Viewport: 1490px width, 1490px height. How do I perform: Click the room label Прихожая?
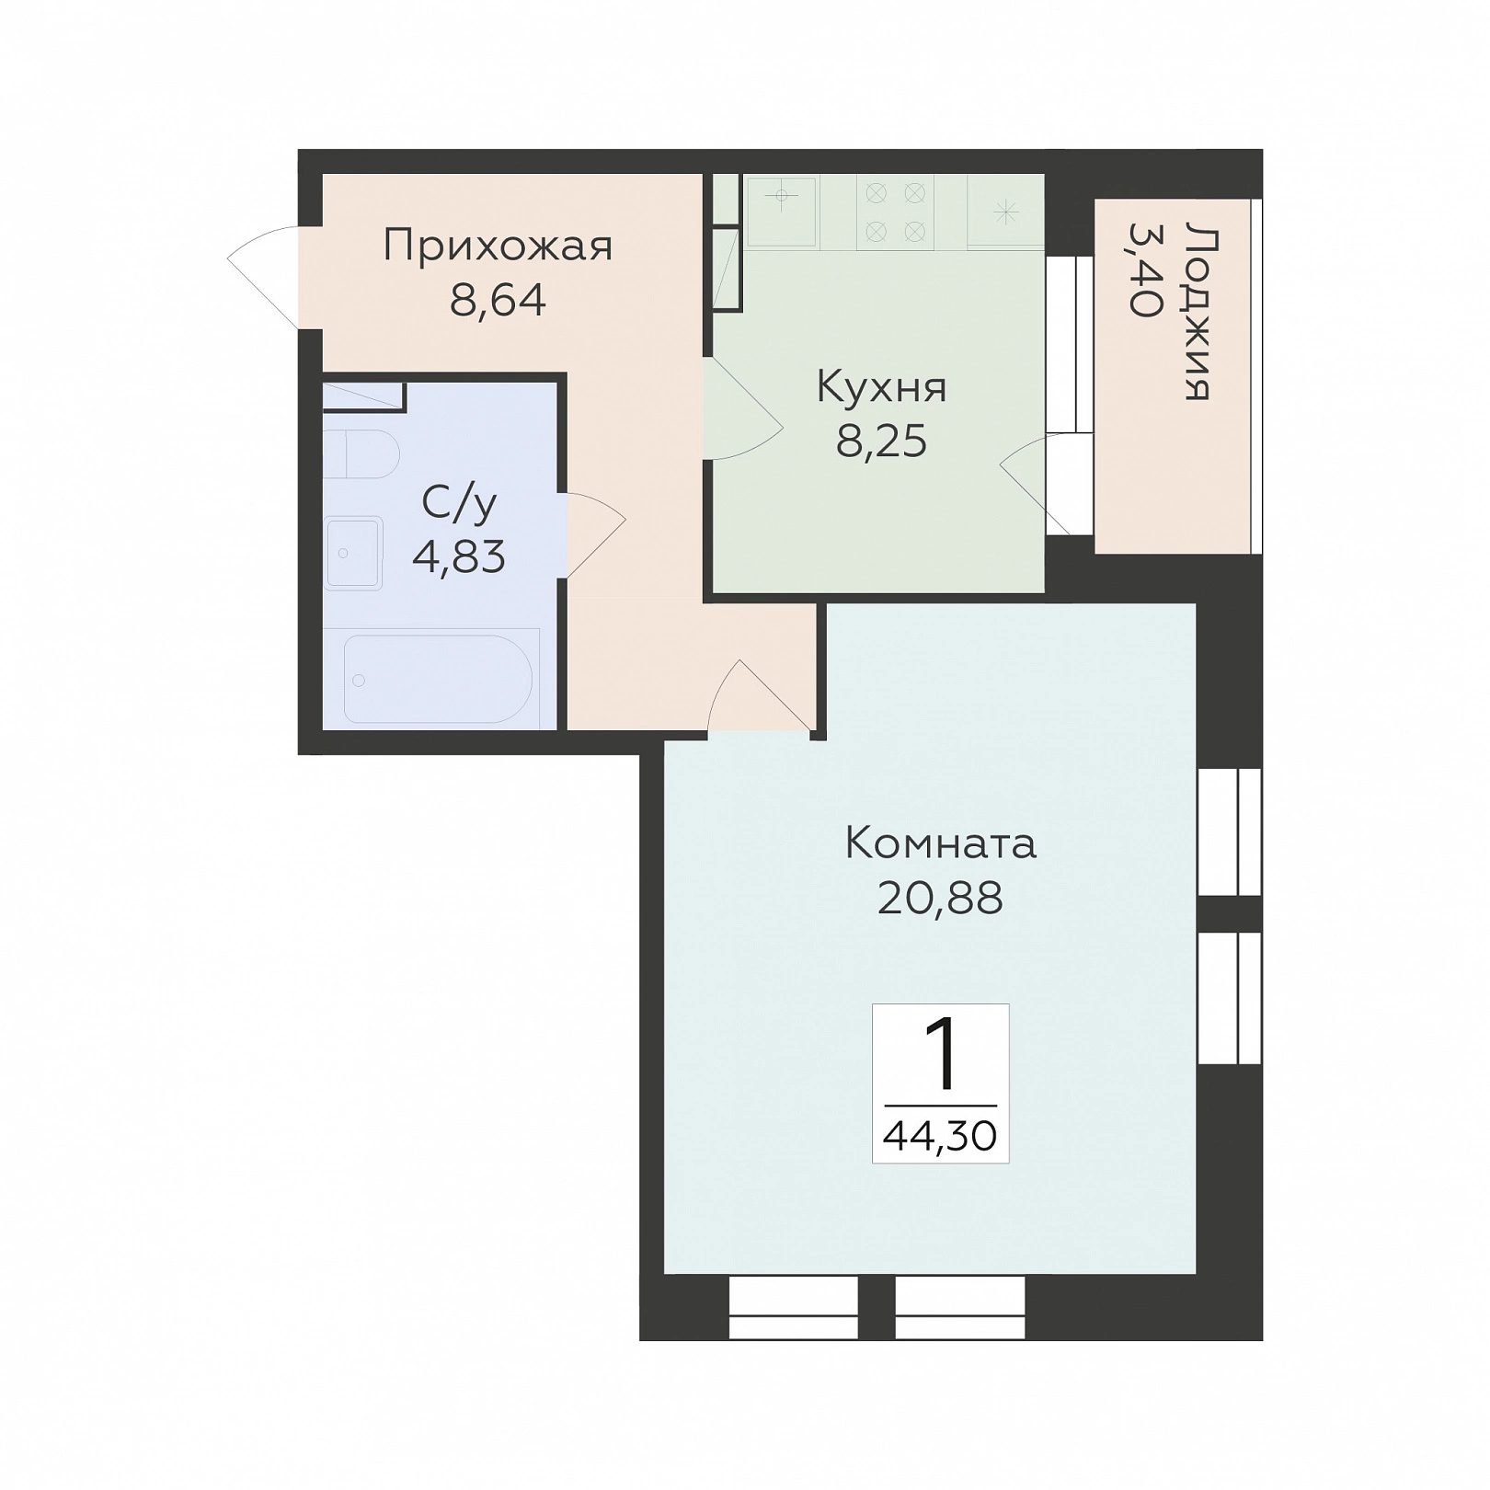coord(498,247)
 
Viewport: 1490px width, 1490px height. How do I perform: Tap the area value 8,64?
coord(498,300)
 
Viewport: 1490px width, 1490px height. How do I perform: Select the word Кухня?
coord(881,387)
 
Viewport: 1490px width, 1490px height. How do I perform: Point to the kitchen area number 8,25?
coord(881,441)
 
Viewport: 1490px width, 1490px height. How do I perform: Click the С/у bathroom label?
coord(459,504)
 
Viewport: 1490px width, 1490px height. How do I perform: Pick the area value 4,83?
coord(459,556)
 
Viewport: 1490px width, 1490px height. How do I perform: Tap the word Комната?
coord(940,842)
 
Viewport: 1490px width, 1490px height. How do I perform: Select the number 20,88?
coord(940,898)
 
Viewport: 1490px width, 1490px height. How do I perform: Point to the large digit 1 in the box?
coord(941,1057)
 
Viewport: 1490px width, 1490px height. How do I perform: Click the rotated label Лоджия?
coord(1198,311)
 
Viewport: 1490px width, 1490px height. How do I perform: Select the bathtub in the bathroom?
coord(439,679)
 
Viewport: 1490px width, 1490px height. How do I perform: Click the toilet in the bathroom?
coord(361,454)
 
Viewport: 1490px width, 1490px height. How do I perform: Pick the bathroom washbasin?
coord(352,553)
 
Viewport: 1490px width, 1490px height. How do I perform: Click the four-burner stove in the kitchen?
coord(895,212)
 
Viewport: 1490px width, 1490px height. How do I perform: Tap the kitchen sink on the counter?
coord(781,212)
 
